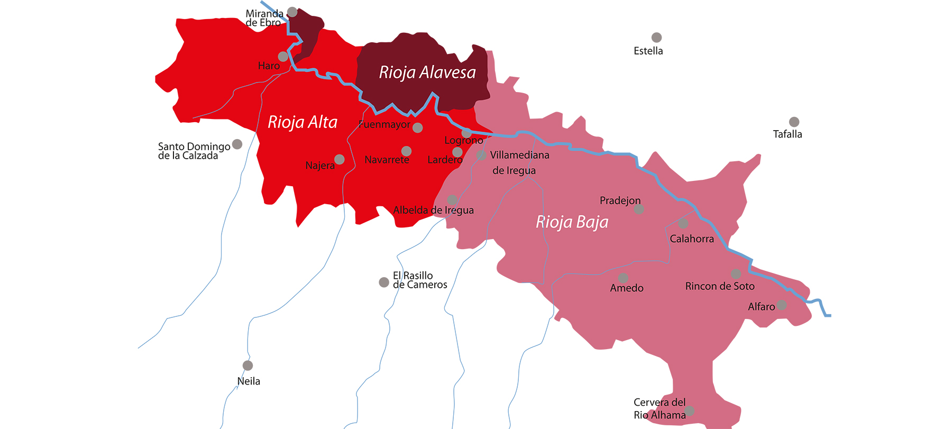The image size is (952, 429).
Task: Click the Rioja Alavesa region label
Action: (427, 72)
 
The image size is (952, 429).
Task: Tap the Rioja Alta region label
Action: (302, 122)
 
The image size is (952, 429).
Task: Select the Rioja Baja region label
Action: (572, 222)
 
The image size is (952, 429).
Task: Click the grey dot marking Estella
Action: (656, 38)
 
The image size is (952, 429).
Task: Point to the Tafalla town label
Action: (787, 134)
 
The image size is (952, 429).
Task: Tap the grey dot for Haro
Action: (283, 56)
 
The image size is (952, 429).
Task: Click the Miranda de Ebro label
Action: (264, 18)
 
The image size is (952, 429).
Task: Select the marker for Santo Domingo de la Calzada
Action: (237, 144)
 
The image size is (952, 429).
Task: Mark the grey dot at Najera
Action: (340, 159)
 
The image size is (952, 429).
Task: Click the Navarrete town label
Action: (387, 160)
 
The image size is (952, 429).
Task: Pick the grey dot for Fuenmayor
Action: (418, 127)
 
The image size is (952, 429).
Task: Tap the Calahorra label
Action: (691, 239)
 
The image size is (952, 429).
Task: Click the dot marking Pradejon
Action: (639, 209)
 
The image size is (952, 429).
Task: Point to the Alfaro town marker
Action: (782, 305)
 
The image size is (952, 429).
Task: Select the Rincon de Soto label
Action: (719, 286)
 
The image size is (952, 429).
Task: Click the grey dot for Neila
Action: (248, 366)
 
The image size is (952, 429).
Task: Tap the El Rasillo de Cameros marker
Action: (384, 282)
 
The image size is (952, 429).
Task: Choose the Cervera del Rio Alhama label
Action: (660, 409)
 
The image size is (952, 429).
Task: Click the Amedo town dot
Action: (624, 278)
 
